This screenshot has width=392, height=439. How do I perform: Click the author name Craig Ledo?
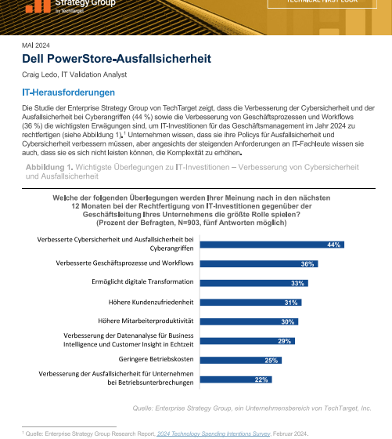point(40,75)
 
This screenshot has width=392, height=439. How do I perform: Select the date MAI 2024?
point(34,45)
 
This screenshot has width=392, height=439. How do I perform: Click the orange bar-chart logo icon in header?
point(34,6)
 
